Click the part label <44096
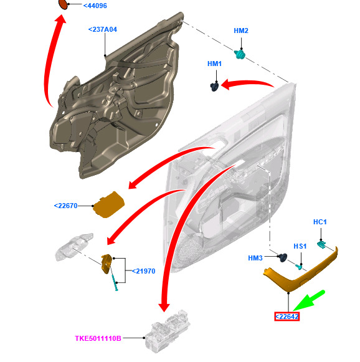[95, 6]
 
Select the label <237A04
[103, 29]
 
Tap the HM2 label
[241, 31]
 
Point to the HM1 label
[214, 64]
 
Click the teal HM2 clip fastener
[240, 54]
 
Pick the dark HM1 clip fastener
[215, 87]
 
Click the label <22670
[65, 206]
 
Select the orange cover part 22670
[108, 205]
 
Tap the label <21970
[143, 271]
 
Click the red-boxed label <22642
[287, 317]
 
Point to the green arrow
[309, 301]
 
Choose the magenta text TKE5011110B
[98, 338]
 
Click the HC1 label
[320, 222]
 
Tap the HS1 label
[300, 246]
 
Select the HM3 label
[255, 258]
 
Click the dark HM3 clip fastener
[283, 257]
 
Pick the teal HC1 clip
[321, 244]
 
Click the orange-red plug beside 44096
[64, 4]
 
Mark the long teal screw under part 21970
[113, 279]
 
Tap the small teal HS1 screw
[298, 267]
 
